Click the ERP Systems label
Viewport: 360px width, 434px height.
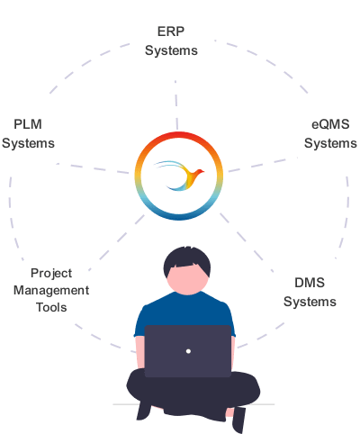pyautogui.click(x=171, y=41)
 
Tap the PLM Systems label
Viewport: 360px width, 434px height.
pyautogui.click(x=28, y=134)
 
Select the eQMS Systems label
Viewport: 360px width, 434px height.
pyautogui.click(x=330, y=134)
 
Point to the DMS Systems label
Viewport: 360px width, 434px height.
pyautogui.click(x=310, y=293)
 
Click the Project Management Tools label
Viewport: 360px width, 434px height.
pyautogui.click(x=51, y=290)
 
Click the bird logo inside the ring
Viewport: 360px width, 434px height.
pyautogui.click(x=179, y=176)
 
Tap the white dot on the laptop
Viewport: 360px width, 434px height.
pyautogui.click(x=188, y=351)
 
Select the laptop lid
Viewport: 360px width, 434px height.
pyautogui.click(x=188, y=351)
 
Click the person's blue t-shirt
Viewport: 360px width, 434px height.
pyautogui.click(x=184, y=309)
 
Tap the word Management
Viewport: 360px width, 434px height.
pyautogui.click(x=51, y=291)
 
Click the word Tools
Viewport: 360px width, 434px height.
pyautogui.click(x=51, y=307)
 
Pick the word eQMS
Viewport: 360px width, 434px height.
pyautogui.click(x=330, y=124)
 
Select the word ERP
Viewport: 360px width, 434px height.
pyautogui.click(x=171, y=32)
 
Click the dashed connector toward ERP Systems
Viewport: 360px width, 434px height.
pyautogui.click(x=176, y=105)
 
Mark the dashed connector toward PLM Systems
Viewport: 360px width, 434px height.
pyautogui.click(x=93, y=168)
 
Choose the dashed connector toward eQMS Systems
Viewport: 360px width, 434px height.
pyautogui.click(x=263, y=165)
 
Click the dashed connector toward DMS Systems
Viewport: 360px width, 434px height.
pyautogui.click(x=247, y=242)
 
